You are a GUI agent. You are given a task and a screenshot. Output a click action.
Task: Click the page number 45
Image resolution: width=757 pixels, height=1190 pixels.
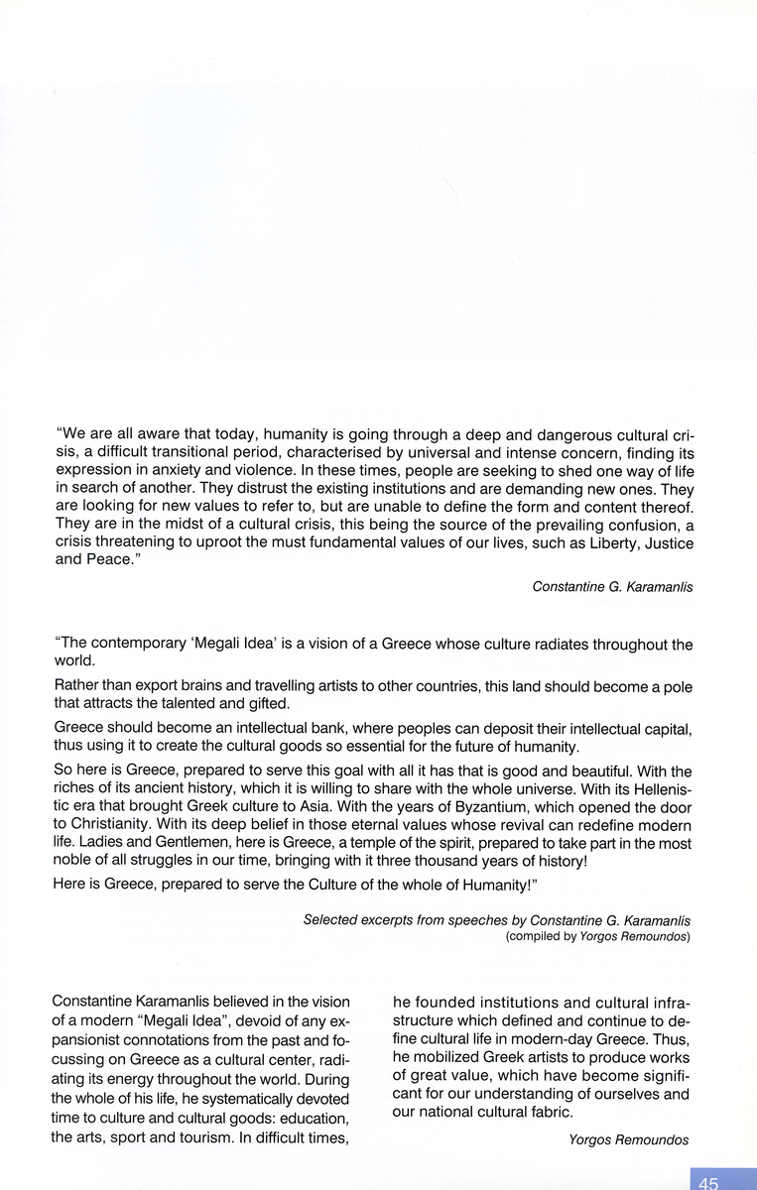[708, 1182]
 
